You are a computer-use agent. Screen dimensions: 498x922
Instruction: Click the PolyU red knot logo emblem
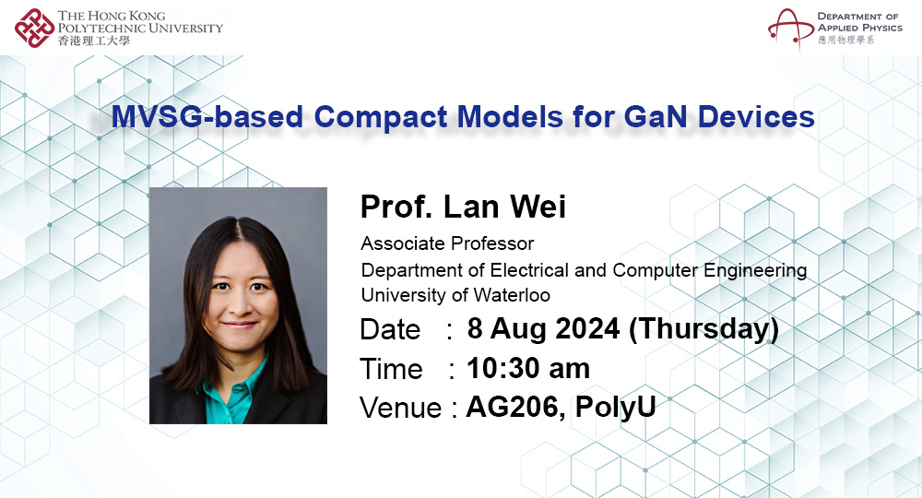[x=34, y=27]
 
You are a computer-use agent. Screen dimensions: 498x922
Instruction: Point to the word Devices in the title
[x=748, y=118]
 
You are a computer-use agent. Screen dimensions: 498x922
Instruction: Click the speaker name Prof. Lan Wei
[x=463, y=207]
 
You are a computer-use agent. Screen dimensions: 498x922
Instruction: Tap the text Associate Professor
[x=447, y=244]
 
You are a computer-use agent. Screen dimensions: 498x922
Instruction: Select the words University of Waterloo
[x=455, y=295]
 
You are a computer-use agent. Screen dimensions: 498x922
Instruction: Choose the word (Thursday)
[x=703, y=328]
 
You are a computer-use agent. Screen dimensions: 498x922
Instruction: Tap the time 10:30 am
[x=527, y=368]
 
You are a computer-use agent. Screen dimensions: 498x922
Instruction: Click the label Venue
[x=400, y=408]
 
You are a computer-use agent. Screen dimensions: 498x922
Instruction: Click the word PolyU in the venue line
[x=615, y=407]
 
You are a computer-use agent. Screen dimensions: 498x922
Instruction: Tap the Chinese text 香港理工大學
[x=94, y=41]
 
